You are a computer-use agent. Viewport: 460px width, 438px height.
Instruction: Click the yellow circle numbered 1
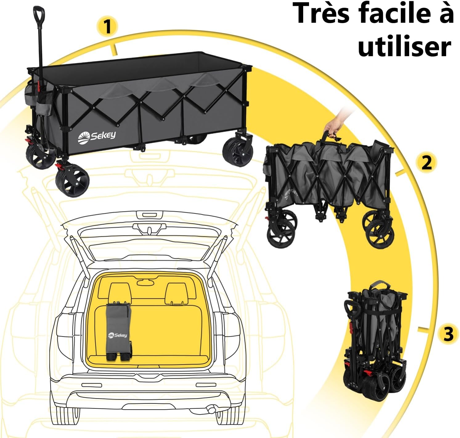coord(107,27)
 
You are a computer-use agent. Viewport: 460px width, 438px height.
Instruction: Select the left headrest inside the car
coord(120,293)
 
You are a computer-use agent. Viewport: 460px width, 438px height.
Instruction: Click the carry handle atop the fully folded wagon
coord(378,285)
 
